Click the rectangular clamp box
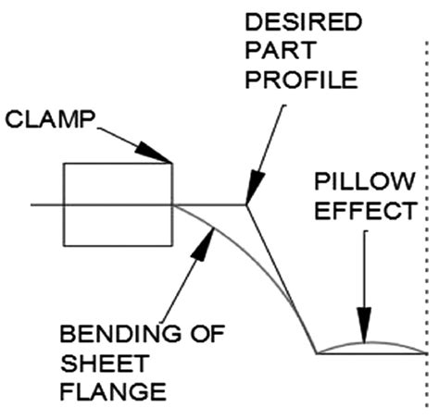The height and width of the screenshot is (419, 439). click(x=117, y=204)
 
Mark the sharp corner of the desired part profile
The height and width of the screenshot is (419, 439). click(x=245, y=204)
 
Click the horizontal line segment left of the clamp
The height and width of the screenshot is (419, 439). click(x=46, y=204)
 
